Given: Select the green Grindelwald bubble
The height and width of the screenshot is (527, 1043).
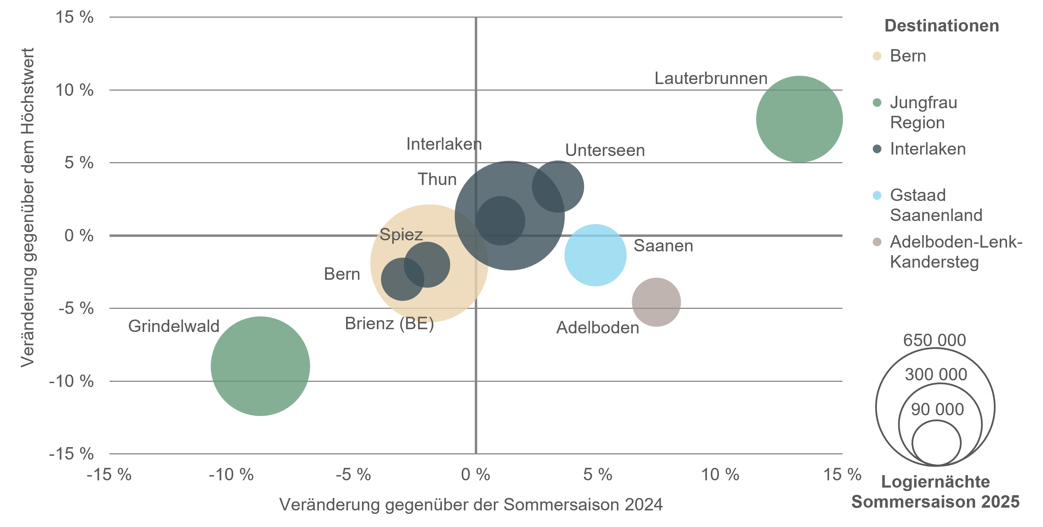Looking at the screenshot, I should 260,366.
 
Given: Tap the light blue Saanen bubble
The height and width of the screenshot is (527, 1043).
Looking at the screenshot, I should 595,255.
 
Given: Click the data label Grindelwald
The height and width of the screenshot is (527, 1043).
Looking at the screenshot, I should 174,326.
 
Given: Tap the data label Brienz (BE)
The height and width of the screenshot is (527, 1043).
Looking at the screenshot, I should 389,323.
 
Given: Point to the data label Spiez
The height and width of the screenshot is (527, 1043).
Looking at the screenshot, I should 401,234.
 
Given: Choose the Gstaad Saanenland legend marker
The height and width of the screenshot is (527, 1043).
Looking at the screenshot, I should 877,196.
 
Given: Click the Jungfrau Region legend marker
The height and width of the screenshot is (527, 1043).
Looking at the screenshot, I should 877,103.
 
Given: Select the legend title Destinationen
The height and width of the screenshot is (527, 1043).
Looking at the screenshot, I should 941,26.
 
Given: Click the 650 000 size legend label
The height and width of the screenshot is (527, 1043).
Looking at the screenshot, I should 934,340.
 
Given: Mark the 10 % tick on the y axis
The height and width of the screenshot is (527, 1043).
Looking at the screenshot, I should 74,90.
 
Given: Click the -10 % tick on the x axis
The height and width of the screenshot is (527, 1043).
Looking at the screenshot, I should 231,474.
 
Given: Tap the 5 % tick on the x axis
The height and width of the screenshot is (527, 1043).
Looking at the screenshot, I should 598,474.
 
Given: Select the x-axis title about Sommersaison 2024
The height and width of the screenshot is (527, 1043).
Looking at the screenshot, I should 471,505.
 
